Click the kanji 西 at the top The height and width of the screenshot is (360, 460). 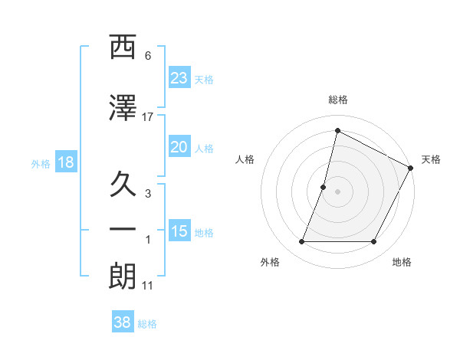coord(123,47)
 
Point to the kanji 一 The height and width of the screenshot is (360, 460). coord(123,229)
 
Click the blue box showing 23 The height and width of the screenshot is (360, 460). coord(179,78)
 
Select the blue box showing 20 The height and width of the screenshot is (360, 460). coord(179,147)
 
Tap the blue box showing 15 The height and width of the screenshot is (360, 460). coord(179,231)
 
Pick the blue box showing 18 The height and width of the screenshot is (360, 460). coord(66,162)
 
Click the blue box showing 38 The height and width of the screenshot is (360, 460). coord(123,323)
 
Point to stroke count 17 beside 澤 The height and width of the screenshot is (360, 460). coord(148,116)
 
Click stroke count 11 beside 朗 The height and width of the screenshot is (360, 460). coord(148,286)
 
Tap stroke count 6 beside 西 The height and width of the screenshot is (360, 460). coord(148,56)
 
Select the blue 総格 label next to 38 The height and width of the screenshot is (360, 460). coord(147,324)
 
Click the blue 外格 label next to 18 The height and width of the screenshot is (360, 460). coord(41,163)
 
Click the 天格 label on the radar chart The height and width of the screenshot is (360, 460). coord(431,159)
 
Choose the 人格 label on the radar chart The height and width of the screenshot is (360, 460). coord(245,159)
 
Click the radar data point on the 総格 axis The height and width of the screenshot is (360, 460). coord(337,130)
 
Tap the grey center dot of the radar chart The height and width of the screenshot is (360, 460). coord(337,191)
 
